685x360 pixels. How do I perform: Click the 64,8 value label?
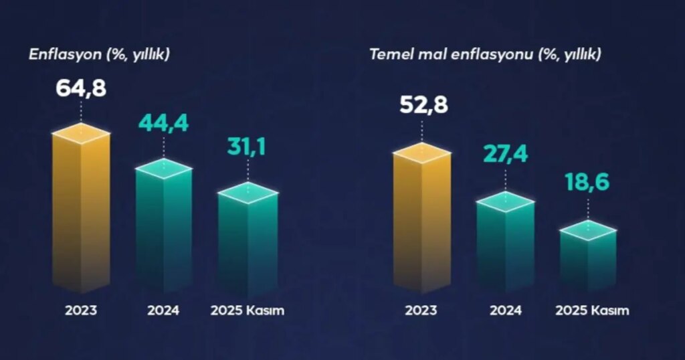point(81,88)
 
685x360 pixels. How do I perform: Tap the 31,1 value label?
point(246,147)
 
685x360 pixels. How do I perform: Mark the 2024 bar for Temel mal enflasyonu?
point(504,244)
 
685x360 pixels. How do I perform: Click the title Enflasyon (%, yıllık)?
point(99,54)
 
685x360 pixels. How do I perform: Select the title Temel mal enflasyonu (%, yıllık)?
point(485,54)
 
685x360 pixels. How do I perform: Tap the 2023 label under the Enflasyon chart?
point(81,311)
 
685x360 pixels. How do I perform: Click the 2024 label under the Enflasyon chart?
point(163,311)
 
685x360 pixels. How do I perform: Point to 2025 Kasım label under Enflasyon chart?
point(247,311)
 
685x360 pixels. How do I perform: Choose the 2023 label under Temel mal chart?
point(421,311)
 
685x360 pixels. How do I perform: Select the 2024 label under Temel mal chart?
point(505,311)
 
